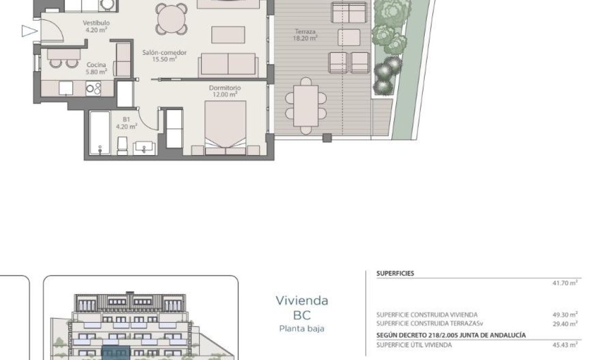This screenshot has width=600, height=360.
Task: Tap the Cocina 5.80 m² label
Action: [97, 68]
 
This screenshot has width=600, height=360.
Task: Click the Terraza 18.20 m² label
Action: [306, 35]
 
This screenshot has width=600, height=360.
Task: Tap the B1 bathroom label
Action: [126, 123]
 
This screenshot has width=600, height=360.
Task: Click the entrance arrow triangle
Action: [28, 31]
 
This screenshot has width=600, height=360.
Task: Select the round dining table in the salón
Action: [172, 19]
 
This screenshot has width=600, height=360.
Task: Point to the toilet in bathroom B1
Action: [122, 144]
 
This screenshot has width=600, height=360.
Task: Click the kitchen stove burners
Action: [93, 88]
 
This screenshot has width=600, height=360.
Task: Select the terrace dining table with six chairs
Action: [305, 105]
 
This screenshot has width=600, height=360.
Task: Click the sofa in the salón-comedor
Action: [228, 64]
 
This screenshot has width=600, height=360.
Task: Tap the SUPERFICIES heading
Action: [395, 273]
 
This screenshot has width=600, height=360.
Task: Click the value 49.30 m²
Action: [564, 314]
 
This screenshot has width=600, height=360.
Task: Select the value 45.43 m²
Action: [564, 345]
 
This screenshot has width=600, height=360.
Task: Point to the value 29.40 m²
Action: [564, 323]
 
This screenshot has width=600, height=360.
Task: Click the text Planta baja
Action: [301, 328]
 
